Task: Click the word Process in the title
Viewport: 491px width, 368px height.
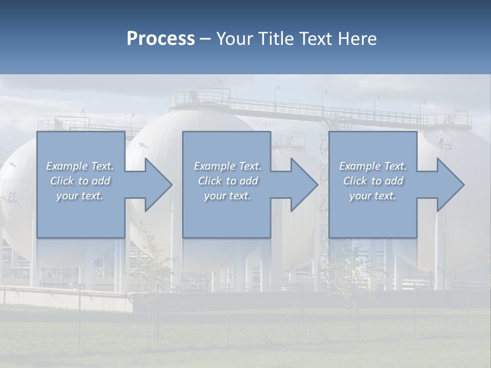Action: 161,39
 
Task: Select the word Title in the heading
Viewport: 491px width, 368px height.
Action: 276,39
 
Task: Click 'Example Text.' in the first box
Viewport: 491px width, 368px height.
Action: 80,166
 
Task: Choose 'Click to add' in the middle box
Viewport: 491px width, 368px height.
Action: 228,181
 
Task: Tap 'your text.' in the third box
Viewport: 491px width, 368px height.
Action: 373,196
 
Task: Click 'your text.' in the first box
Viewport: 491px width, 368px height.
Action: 80,196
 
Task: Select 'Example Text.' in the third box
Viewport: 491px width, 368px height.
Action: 373,166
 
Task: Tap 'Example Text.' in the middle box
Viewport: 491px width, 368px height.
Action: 228,166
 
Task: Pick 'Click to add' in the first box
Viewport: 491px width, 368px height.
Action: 80,181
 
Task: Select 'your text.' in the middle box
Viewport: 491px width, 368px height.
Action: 228,196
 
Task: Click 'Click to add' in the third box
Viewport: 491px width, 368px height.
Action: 373,181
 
